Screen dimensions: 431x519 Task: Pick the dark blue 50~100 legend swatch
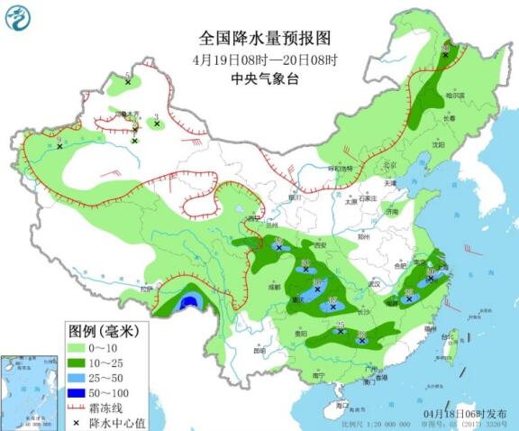pos(79,393)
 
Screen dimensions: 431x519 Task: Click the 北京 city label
pos(389,165)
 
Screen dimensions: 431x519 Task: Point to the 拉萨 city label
pos(150,289)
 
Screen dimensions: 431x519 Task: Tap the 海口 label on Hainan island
pos(340,407)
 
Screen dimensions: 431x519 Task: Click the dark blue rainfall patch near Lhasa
pos(189,303)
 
